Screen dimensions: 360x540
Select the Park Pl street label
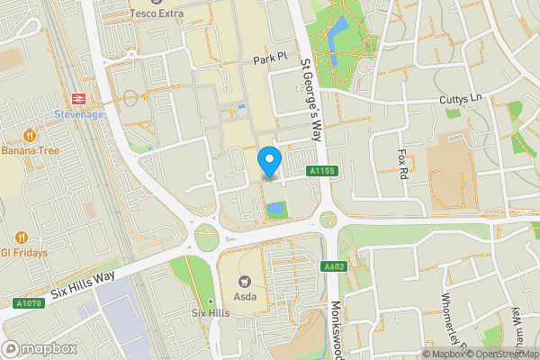point(269,57)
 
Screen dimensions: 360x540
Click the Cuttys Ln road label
point(462,98)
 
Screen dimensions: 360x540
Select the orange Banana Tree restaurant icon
point(30,135)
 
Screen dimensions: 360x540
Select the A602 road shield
point(335,266)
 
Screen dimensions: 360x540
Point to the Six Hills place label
point(211,312)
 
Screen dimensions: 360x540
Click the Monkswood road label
point(336,328)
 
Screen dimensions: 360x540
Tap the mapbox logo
point(40,348)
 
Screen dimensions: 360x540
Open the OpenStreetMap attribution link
point(500,354)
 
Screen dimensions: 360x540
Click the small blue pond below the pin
point(275,209)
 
